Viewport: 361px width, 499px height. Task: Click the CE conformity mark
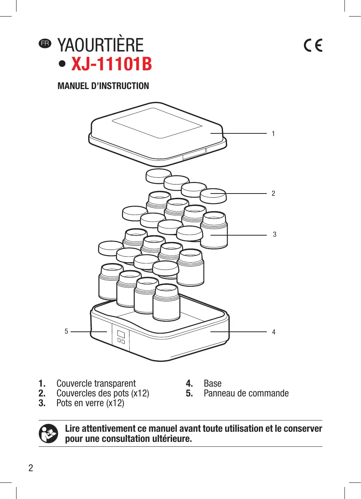[313, 45]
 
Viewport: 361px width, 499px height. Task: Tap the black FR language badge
[45, 43]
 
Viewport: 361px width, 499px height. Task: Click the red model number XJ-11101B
[111, 64]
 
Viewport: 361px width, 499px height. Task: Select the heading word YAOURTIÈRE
[101, 45]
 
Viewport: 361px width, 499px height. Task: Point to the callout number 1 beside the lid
[273, 134]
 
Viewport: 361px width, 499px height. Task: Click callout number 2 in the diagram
[273, 194]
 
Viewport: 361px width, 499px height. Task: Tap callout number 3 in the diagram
[275, 234]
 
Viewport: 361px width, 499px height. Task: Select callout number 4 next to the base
[274, 332]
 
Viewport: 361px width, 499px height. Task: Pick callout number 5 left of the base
[66, 331]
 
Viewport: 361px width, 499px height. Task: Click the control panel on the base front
[121, 337]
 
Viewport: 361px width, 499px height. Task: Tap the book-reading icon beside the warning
[48, 434]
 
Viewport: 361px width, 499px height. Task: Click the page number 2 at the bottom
[31, 468]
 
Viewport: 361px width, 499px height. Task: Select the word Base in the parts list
[212, 384]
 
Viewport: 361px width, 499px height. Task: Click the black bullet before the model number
[62, 64]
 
